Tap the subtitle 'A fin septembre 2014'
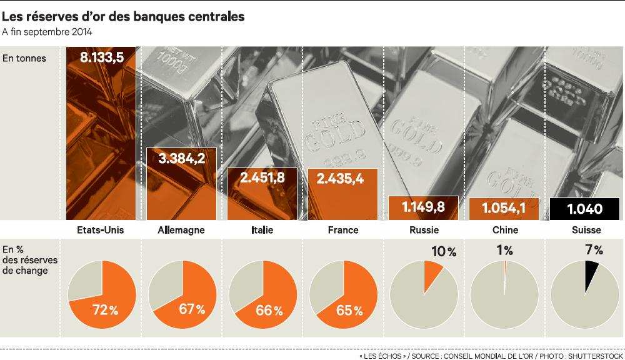tap(47, 32)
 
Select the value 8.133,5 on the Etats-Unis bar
tap(101, 58)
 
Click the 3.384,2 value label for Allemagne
tap(182, 158)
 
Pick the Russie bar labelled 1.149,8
tap(423, 208)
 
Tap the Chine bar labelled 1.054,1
tap(504, 209)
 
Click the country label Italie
tap(262, 230)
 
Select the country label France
tap(343, 230)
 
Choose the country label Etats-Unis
tap(101, 230)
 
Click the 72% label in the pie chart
tap(106, 309)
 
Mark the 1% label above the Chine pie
tap(504, 251)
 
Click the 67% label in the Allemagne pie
tap(192, 309)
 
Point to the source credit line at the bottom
tap(491, 354)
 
